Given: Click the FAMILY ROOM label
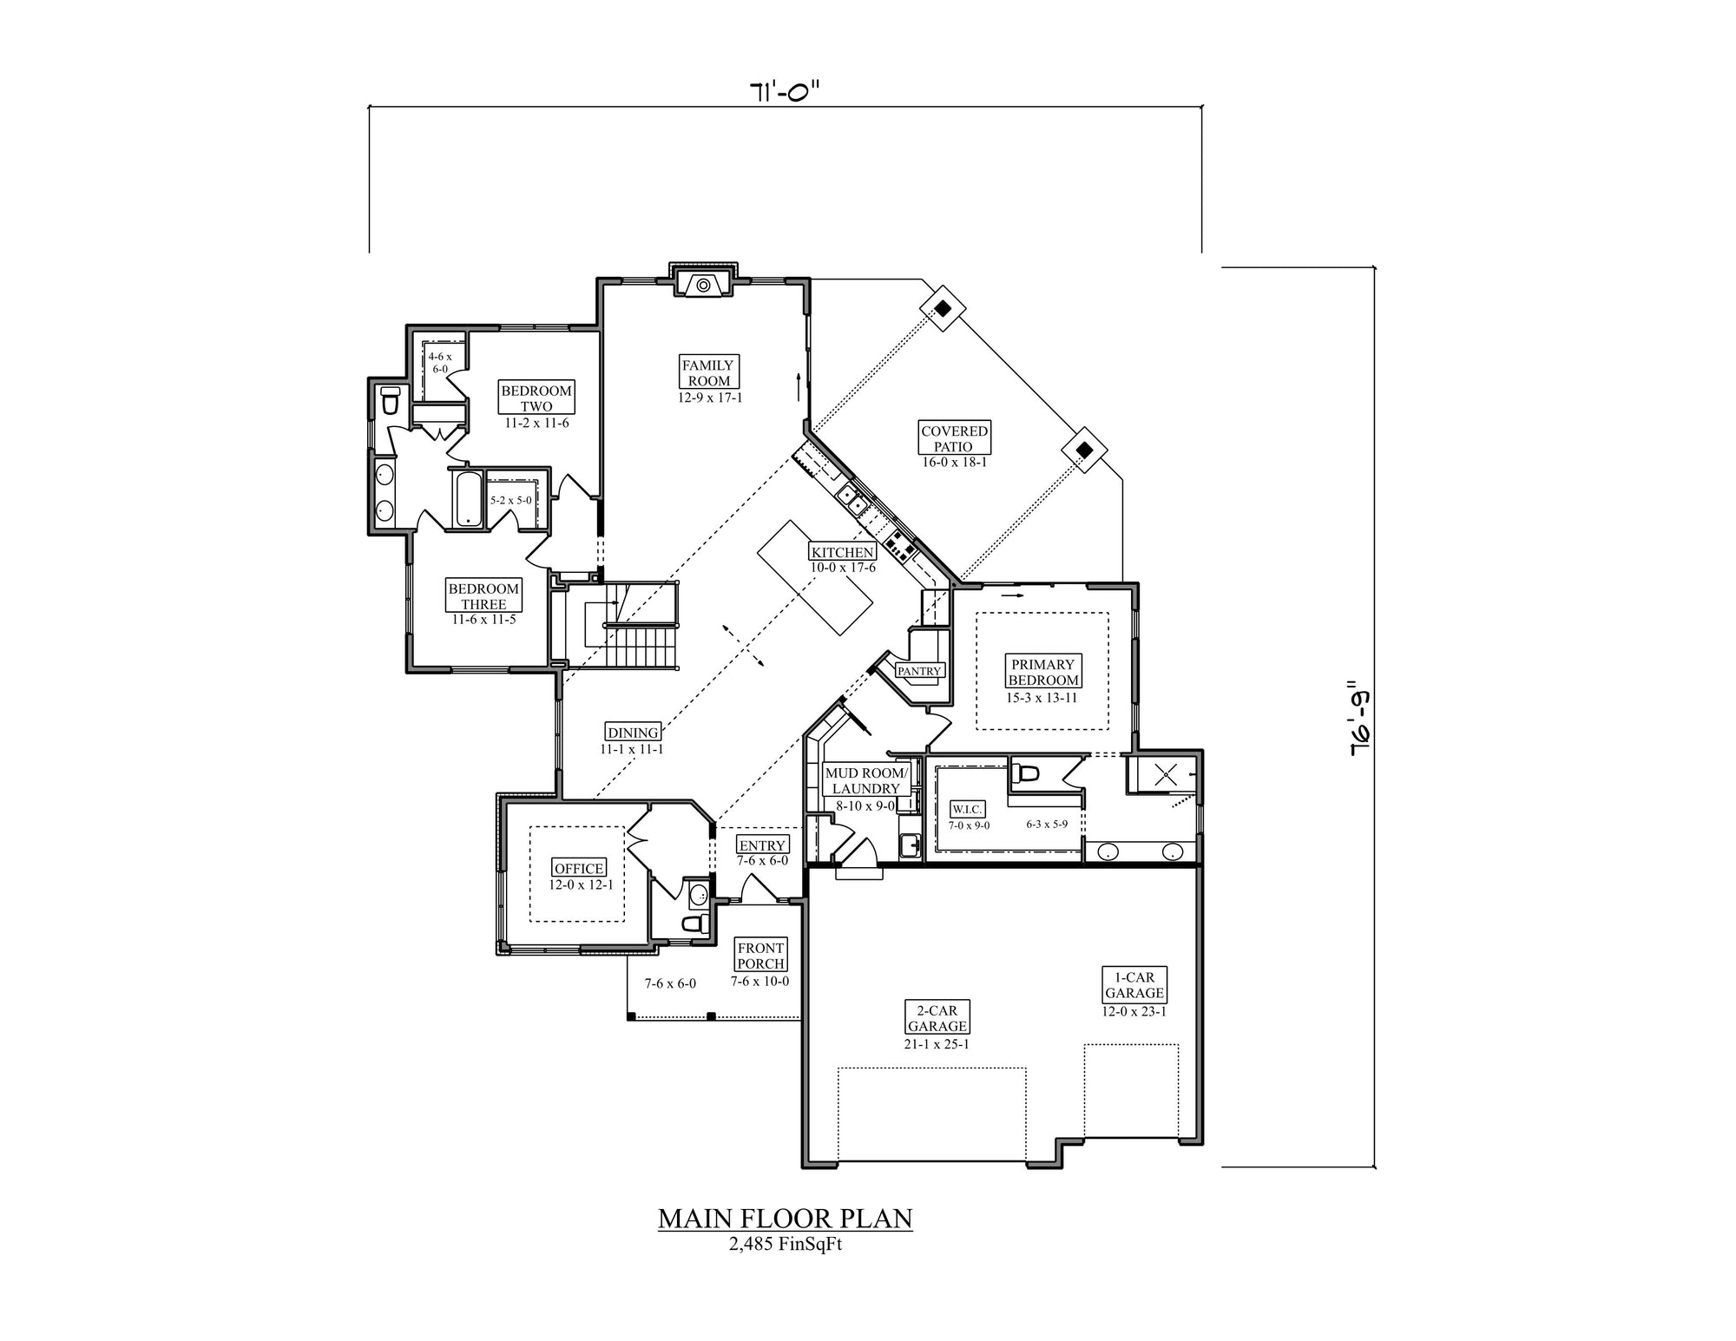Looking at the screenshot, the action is point(709,373).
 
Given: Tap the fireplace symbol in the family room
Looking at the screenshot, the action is point(703,283).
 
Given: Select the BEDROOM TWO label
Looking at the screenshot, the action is point(536,398).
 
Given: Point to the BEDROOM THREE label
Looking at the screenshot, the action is point(483,596).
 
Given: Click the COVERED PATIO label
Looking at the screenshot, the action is point(954,438).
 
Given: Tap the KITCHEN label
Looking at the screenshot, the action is point(842,552).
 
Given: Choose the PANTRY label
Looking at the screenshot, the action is point(919,671).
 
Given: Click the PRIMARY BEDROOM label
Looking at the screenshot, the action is point(1043,673).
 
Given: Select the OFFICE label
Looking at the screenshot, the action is point(579,868).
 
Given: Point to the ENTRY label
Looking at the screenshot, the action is point(762,845).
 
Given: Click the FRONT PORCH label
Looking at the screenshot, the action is point(760,956).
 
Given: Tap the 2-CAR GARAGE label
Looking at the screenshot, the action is point(937,1018).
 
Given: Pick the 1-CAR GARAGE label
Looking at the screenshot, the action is point(1134,985).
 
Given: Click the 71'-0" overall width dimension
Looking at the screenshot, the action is point(785,91).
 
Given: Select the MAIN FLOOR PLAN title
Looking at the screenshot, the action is point(785,1219).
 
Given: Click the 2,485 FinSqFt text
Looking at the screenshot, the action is point(786,1244).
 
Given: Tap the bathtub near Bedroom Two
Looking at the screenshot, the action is point(468,498).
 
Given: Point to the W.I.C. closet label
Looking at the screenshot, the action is point(967,809).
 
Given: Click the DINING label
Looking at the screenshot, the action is point(633,733).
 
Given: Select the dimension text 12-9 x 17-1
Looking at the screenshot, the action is point(710,398).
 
